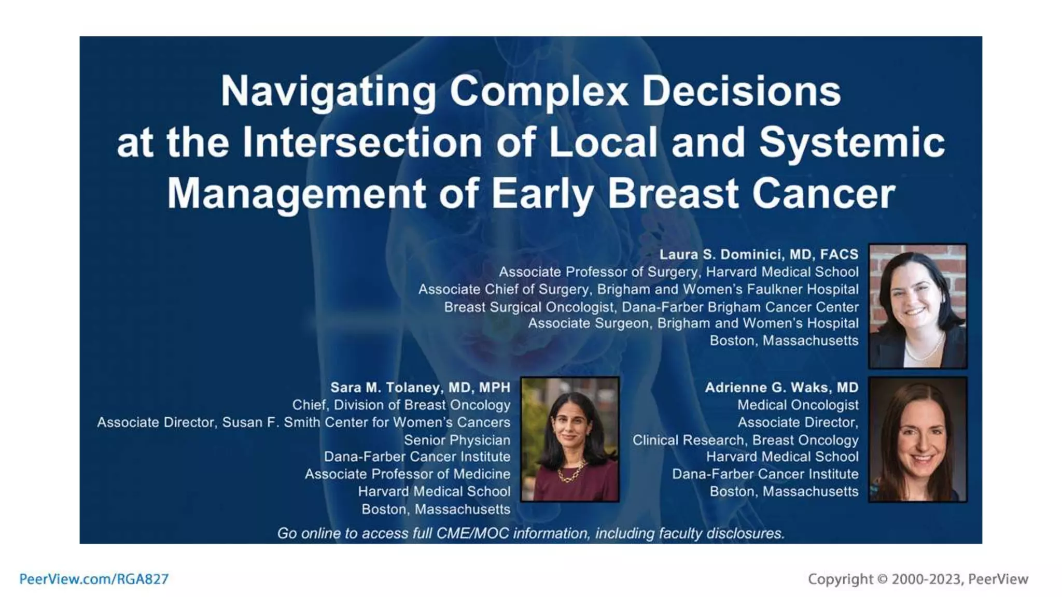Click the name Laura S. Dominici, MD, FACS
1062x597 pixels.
(x=758, y=254)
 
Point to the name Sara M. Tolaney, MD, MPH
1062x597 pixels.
(x=420, y=388)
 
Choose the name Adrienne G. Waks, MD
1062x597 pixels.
(x=781, y=388)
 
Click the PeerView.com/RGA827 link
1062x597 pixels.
(x=94, y=579)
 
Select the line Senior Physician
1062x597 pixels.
(x=457, y=440)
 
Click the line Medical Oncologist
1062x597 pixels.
(x=798, y=405)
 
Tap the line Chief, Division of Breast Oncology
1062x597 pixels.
(x=401, y=405)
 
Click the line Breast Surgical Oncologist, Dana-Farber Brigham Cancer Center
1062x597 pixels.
(x=651, y=307)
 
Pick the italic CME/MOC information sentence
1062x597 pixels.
(x=530, y=533)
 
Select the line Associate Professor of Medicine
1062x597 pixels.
(x=407, y=474)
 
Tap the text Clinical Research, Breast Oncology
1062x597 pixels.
(x=745, y=440)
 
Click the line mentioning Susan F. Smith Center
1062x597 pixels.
(x=303, y=422)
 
